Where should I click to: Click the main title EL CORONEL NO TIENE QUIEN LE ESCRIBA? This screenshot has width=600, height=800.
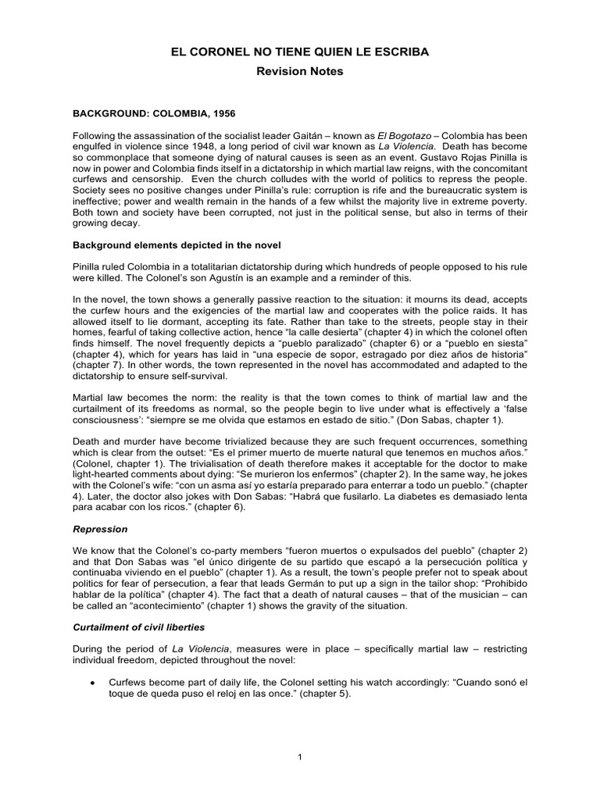pyautogui.click(x=300, y=52)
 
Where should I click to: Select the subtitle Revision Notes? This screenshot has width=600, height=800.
pyautogui.click(x=300, y=72)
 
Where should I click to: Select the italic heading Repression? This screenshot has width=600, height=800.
pyautogui.click(x=97, y=528)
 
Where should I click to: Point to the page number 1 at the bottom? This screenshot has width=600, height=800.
pyautogui.click(x=300, y=757)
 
